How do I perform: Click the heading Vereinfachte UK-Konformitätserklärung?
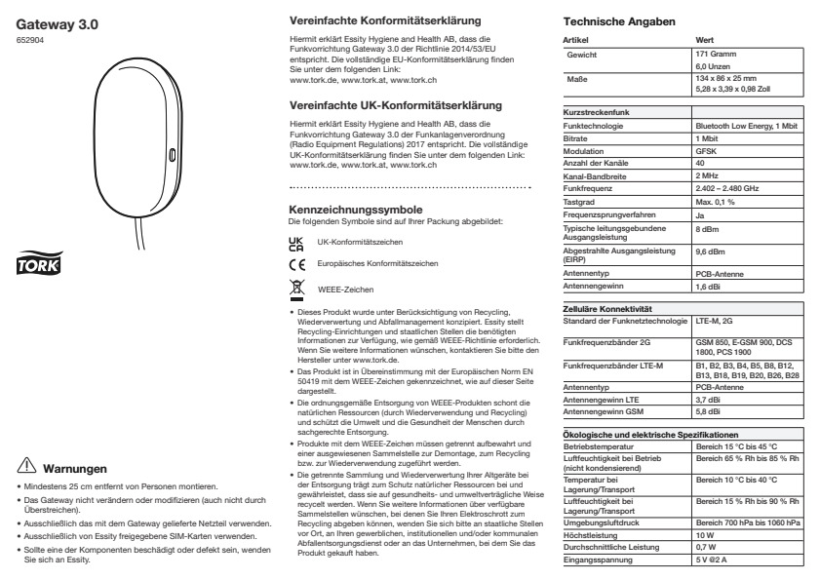[376, 102]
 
